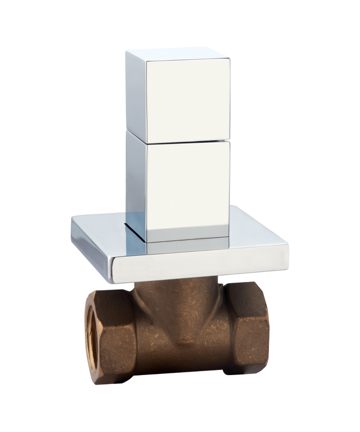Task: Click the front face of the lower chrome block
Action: [x=188, y=184]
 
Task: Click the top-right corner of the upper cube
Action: [x=229, y=57]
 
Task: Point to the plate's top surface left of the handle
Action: [x=100, y=229]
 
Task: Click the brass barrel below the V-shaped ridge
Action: [x=179, y=363]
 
